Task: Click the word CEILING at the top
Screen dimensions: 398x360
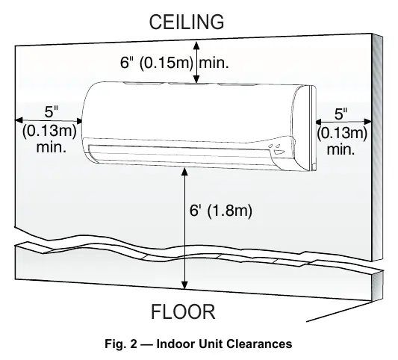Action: [x=187, y=22]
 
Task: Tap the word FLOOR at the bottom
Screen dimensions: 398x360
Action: [x=183, y=311]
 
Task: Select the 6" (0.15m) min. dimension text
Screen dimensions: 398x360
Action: [x=175, y=63]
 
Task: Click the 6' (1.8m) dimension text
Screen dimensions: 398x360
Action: [x=221, y=211]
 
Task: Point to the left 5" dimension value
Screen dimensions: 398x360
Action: [x=52, y=112]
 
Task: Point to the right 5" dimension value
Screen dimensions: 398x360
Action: [x=341, y=114]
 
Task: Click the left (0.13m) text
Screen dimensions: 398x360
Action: [x=49, y=131]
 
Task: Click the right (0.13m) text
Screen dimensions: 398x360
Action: [x=342, y=133]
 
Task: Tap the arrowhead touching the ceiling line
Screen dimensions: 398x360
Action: [x=196, y=45]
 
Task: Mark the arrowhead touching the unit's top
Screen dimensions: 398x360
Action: [x=196, y=79]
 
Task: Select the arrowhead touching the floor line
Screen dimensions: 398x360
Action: [x=185, y=285]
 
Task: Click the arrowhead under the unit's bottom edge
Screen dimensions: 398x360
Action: [x=185, y=172]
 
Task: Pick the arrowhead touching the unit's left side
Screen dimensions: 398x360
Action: [x=79, y=121]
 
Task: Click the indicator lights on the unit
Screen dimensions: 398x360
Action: [x=275, y=146]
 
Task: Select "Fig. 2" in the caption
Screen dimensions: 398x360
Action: [x=120, y=344]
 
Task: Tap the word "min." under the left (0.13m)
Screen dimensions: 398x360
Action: [x=52, y=147]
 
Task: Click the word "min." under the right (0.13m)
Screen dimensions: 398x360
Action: [x=341, y=149]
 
